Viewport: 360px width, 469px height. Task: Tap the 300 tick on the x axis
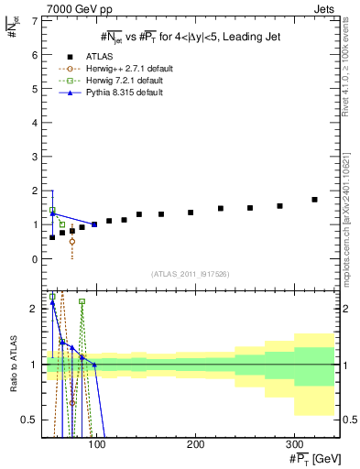pos(294,443)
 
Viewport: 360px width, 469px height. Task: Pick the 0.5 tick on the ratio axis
pos(31,420)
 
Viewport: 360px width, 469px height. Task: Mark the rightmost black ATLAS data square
pos(314,200)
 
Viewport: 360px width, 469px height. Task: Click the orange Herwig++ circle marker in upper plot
pos(72,242)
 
